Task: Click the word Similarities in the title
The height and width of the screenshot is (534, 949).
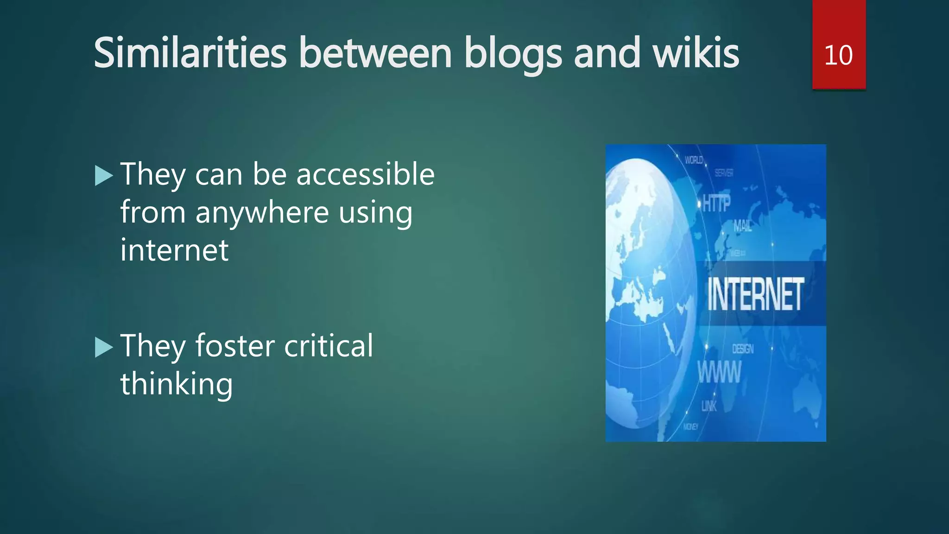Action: coord(190,53)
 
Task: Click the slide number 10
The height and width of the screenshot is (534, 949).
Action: coord(838,55)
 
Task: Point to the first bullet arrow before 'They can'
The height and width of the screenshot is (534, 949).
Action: coord(104,176)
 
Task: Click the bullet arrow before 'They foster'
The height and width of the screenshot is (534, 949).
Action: coord(104,347)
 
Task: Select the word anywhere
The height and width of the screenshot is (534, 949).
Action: coord(263,213)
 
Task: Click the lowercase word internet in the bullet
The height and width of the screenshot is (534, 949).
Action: coord(174,250)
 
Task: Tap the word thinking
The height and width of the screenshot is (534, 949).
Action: coord(176,384)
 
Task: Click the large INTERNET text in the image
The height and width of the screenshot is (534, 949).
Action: coord(755,294)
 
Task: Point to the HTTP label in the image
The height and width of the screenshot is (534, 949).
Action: coord(716,203)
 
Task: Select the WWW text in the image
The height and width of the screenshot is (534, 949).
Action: coord(719,372)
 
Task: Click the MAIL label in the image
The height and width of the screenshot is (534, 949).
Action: coord(742,226)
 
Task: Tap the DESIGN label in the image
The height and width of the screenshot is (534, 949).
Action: coord(743,349)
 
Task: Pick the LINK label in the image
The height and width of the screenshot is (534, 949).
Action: coord(709,407)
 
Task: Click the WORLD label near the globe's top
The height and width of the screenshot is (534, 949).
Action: coord(694,160)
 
